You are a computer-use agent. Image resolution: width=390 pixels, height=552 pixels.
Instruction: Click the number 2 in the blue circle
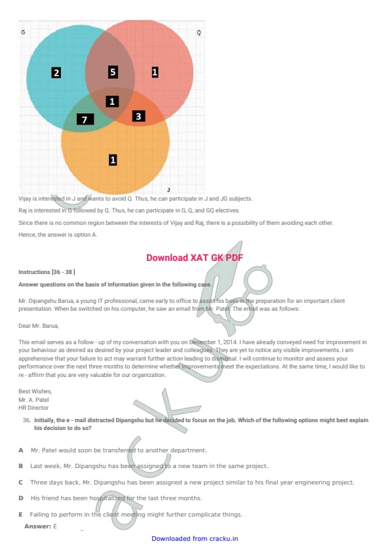pos(56,73)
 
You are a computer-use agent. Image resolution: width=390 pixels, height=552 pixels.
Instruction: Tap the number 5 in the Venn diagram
pos(113,72)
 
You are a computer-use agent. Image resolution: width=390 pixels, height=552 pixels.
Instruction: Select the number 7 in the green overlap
pos(85,120)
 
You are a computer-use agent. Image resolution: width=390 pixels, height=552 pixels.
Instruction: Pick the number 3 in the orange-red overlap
pos(138,116)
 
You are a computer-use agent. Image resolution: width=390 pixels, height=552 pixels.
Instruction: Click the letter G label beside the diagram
pos(23,32)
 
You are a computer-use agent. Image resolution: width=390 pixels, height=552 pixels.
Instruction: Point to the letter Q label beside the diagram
pos(199,33)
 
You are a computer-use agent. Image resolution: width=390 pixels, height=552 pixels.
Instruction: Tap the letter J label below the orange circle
pos(168,189)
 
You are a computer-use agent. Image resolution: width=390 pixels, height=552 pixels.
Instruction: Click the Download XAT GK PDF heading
pos(195,258)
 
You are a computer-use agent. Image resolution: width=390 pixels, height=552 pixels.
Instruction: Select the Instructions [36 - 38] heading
pos(47,272)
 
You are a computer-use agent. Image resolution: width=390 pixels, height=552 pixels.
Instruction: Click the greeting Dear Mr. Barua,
pos(39,326)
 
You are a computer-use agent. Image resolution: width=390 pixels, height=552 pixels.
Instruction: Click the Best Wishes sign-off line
pos(35,391)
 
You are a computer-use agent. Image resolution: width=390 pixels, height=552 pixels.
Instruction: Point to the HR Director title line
pos(33,408)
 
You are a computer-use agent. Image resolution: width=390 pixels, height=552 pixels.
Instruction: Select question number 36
pos(27,420)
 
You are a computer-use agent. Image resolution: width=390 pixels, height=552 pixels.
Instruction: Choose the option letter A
pos(21,450)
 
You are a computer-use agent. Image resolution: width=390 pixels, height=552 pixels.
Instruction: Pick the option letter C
pos(21,483)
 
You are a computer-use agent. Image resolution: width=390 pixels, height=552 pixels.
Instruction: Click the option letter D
pos(21,498)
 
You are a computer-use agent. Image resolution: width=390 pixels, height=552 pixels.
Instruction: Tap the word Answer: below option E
pos(37,526)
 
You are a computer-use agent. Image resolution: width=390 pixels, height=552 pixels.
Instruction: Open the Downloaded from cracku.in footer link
pos(195,539)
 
